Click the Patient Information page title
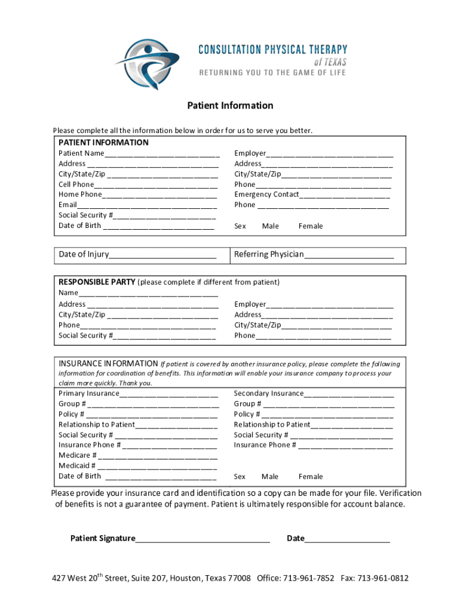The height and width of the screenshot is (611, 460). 230,106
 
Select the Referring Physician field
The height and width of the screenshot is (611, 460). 349,255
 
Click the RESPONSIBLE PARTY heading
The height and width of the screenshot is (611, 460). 96,282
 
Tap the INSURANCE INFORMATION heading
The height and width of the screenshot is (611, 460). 108,363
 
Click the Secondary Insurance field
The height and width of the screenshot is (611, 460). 349,394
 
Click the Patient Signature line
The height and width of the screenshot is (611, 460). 203,539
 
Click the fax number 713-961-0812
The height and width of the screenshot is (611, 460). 383,578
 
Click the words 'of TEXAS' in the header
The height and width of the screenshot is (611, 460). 330,61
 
